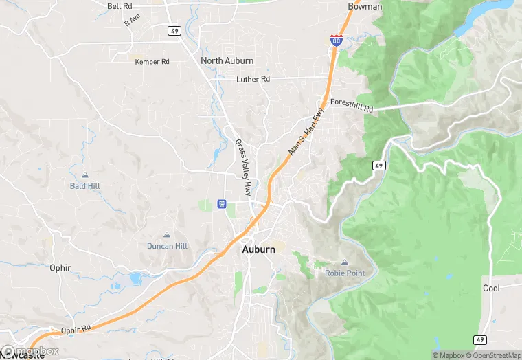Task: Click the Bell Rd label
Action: point(120,6)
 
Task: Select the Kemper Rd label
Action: point(152,62)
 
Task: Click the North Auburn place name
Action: point(227,60)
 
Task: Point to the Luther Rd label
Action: point(253,79)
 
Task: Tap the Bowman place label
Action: point(365,6)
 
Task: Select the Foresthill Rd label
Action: point(351,105)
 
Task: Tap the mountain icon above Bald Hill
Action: point(84,175)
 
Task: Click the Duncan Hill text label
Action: point(167,246)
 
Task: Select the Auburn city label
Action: point(258,249)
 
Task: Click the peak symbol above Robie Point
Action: point(345,262)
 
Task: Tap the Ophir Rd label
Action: point(75,330)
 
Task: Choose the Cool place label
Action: point(491,289)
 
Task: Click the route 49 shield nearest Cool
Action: point(479,339)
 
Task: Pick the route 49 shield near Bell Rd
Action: point(174,30)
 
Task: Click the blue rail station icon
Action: point(222,204)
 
